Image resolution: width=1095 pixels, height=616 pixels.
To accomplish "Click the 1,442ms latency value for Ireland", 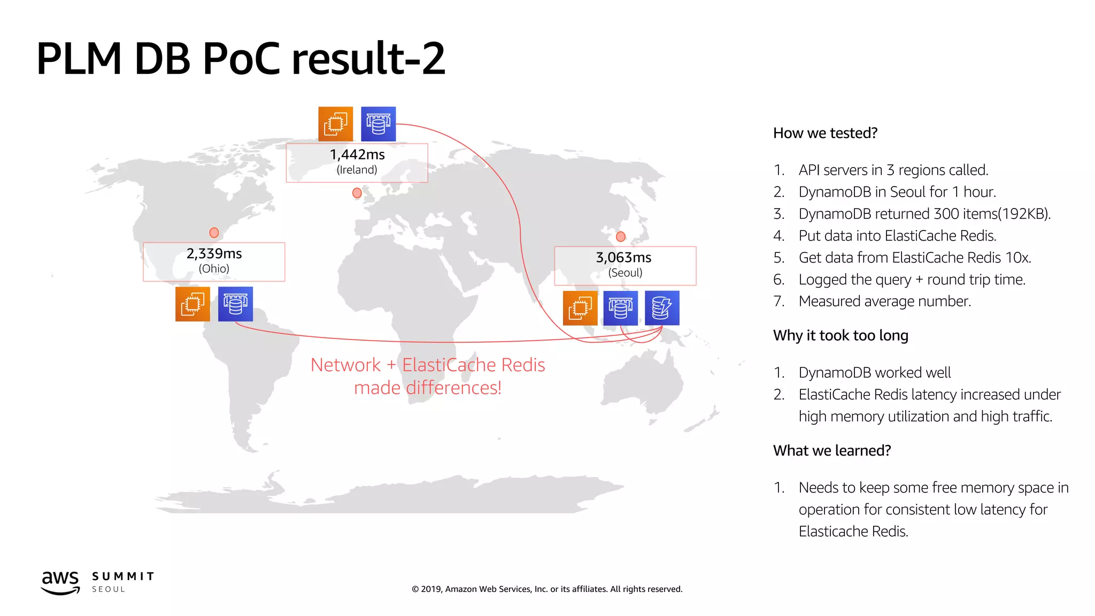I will coord(357,155).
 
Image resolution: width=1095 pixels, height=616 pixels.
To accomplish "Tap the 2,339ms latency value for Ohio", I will coord(214,253).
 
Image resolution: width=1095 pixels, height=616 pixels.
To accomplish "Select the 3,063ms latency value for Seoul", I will coord(623,258).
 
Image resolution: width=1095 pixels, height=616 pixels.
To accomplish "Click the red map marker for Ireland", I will coord(357,193).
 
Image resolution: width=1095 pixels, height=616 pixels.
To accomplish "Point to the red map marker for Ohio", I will coord(214,233).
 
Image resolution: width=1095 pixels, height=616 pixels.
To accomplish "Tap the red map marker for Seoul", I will coord(621,236).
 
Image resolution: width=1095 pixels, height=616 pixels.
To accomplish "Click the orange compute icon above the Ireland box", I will coord(336,124).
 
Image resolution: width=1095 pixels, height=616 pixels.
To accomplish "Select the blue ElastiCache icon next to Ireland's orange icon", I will coord(379,124).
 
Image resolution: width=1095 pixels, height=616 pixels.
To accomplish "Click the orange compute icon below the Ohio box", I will coord(192,304).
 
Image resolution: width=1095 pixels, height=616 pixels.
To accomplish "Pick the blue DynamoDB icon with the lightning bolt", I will coord(662,308).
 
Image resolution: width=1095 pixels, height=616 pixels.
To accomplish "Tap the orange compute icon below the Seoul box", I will coord(580,308).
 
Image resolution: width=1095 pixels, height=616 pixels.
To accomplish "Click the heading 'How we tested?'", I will coord(825,133).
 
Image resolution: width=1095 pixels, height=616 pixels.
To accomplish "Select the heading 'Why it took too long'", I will coord(840,335).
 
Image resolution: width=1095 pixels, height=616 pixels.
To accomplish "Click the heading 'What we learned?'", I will coord(832,451).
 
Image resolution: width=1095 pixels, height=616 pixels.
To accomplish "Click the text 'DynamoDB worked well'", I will coord(875,373).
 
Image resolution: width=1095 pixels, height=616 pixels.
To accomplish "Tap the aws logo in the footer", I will coord(60,582).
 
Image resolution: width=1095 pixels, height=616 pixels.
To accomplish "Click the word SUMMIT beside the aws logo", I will coord(123,576).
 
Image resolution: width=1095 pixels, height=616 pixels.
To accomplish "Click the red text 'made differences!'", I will coord(428,388).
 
